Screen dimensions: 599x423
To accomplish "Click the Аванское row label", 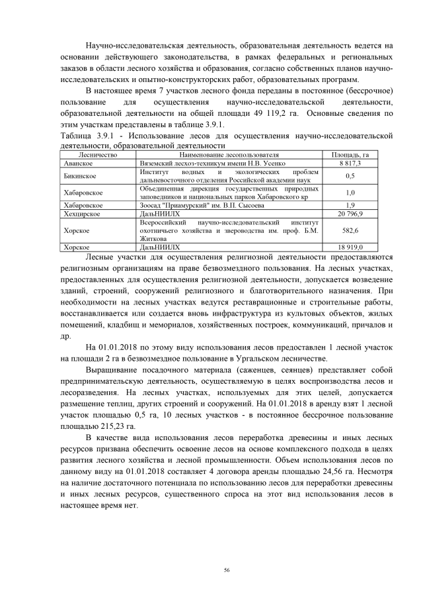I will pyautogui.click(x=78, y=162).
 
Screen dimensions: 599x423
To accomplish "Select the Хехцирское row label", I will pyautogui.click(x=82, y=214).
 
